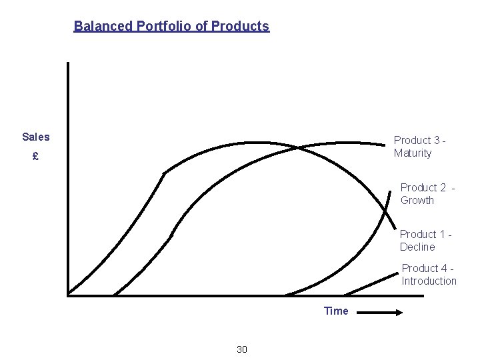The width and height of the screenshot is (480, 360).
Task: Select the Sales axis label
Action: click(x=35, y=137)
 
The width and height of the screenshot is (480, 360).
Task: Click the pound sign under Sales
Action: click(x=35, y=157)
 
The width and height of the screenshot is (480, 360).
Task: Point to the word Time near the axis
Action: click(x=336, y=311)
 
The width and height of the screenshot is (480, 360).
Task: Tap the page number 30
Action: click(x=242, y=349)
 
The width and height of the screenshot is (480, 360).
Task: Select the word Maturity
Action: click(x=413, y=153)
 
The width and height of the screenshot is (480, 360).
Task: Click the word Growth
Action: click(x=417, y=200)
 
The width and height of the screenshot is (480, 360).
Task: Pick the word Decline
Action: click(x=417, y=247)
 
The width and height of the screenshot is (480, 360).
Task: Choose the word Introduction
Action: click(x=429, y=281)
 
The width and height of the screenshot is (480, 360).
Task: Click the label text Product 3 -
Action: click(x=419, y=140)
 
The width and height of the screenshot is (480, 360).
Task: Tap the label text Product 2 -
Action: click(x=427, y=187)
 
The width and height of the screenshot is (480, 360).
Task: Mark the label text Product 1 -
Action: click(x=426, y=234)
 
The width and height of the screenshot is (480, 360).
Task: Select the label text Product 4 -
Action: click(x=428, y=268)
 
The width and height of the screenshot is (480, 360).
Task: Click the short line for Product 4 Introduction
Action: click(x=371, y=284)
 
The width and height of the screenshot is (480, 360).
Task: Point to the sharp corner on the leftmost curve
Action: click(x=164, y=173)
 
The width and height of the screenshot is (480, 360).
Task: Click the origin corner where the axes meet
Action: click(x=69, y=293)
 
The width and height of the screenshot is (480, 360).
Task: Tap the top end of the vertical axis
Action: click(x=68, y=64)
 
